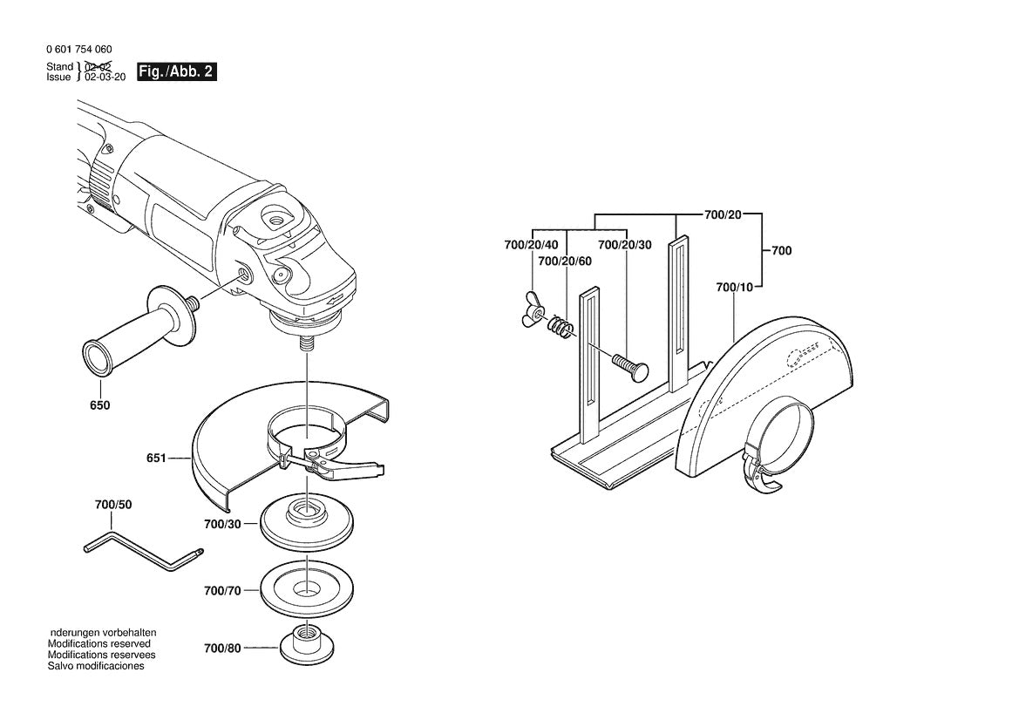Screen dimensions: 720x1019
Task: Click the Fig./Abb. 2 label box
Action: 177,72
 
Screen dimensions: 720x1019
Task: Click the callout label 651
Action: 157,457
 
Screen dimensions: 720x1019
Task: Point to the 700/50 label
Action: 113,506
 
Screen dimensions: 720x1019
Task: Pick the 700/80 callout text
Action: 222,649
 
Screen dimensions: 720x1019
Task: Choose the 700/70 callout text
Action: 222,591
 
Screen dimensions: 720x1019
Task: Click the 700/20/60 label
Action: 564,262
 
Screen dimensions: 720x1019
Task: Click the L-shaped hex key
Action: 144,554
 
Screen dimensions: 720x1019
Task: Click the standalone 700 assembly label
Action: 781,251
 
